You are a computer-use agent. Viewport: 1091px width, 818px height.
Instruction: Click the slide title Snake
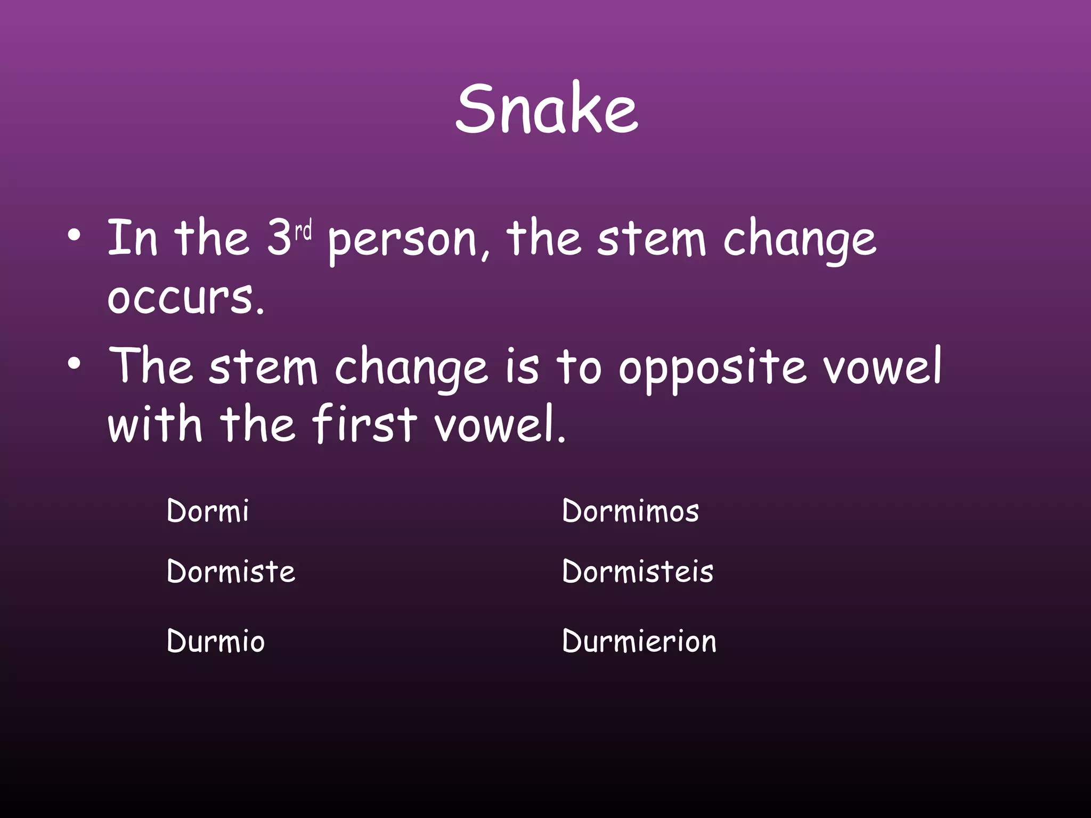547,109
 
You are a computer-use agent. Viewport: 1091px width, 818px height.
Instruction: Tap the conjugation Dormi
207,511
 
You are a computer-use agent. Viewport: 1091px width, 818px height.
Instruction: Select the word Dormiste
231,572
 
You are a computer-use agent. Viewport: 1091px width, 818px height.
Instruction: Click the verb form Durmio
215,641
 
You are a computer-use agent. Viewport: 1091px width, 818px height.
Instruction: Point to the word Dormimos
630,511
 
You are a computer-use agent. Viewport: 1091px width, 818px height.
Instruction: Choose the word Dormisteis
637,572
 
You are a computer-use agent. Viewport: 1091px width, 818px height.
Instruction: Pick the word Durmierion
639,641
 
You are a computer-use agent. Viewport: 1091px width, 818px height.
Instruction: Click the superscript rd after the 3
304,231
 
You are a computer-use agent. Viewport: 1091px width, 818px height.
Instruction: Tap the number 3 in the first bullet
279,238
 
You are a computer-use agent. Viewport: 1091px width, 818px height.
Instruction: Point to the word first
364,424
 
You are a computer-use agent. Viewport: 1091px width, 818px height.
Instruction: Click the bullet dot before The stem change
75,364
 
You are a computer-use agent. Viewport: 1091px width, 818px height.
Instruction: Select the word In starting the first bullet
132,238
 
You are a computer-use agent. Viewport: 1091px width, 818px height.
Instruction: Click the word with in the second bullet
155,424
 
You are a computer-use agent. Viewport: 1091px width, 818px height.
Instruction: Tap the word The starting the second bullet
150,366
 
